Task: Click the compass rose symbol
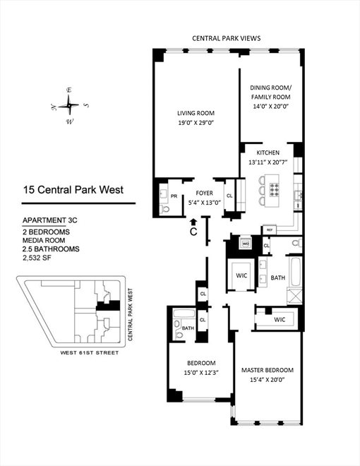[69, 105]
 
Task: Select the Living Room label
[195, 113]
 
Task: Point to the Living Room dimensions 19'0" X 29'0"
[195, 121]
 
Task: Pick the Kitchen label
[268, 153]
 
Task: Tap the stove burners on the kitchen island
[275, 189]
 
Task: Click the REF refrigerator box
[269, 230]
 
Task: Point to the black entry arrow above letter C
[193, 222]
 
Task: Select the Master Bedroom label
[266, 370]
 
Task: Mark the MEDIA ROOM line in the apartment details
[47, 239]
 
